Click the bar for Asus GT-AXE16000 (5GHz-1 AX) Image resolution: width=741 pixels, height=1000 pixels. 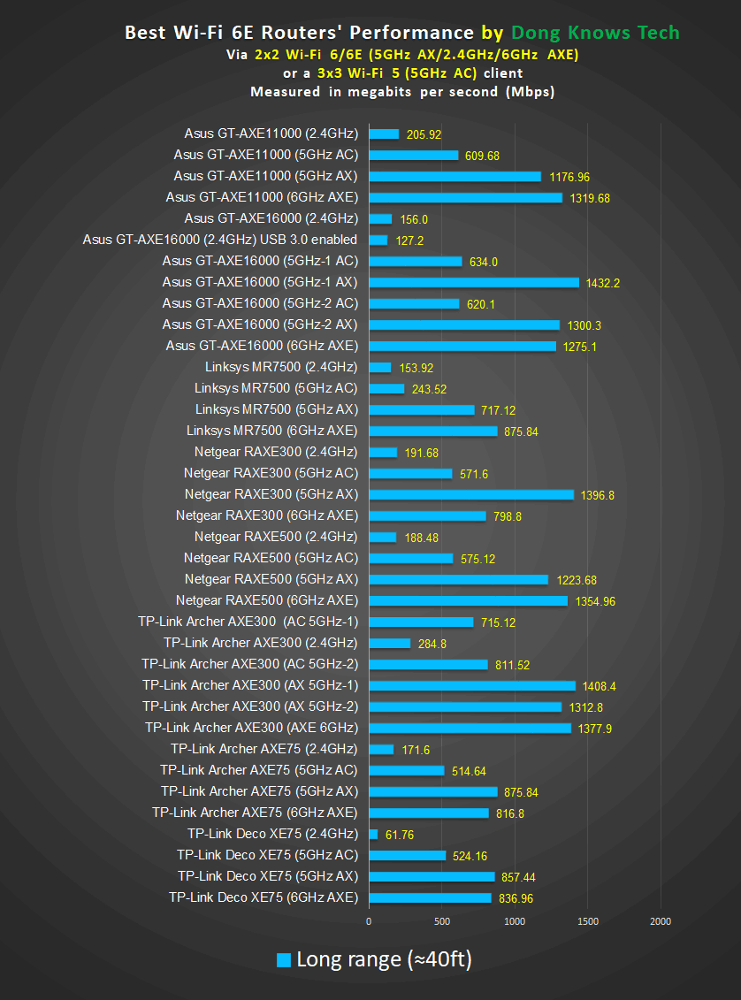point(473,283)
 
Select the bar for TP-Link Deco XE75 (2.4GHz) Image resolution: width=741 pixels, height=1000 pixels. point(373,834)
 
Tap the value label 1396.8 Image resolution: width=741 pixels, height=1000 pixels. point(598,495)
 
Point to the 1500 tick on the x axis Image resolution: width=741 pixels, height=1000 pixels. point(587,921)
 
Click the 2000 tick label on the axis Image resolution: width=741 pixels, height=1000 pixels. point(660,921)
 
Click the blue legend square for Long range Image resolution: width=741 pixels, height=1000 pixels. point(284,959)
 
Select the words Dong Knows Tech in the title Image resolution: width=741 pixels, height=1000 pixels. point(594,33)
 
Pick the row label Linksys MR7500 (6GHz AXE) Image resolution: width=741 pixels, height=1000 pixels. point(272,431)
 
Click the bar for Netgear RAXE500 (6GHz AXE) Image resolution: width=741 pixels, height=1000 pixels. point(468,601)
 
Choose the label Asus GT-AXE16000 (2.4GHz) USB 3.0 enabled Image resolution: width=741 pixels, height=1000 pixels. point(220,240)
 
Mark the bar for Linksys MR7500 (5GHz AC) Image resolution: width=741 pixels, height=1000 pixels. point(386,389)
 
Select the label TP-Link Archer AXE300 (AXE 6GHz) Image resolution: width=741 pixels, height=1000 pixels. point(252,728)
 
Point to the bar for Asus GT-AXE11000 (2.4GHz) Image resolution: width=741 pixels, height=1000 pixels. point(384,134)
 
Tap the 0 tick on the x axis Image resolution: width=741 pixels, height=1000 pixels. point(369,921)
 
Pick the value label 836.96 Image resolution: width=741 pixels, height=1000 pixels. point(516,898)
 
